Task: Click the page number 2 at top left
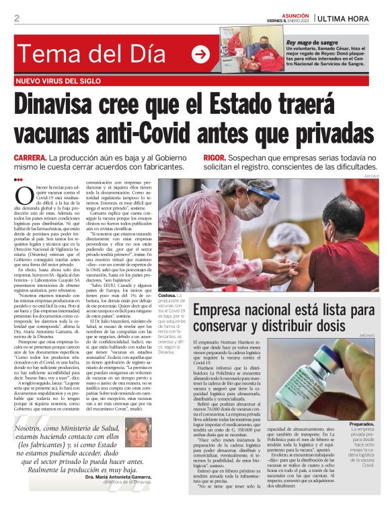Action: [17, 18]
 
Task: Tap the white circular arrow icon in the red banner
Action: [200, 55]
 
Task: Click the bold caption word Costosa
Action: [168, 295]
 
